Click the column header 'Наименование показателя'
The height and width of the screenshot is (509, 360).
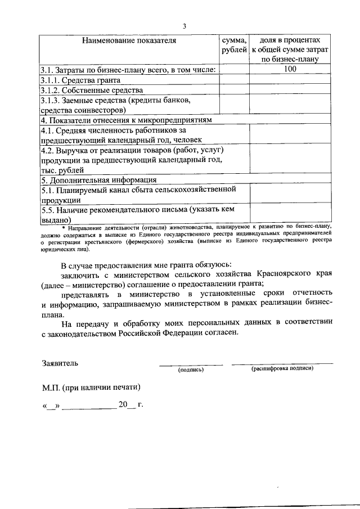(129, 40)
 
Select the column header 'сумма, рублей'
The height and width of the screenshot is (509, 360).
(234, 46)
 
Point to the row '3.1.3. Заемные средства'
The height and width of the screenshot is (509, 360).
(108, 100)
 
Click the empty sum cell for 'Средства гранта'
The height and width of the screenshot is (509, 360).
(234, 80)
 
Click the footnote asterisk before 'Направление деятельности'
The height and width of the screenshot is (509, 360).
(64, 227)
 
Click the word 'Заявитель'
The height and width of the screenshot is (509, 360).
(60, 363)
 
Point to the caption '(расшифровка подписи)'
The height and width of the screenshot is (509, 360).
(282, 368)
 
